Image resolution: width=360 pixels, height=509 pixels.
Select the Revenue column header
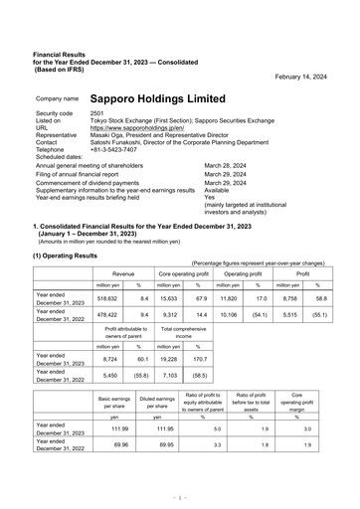(124, 271)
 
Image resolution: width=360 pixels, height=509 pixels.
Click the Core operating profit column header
(183, 271)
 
